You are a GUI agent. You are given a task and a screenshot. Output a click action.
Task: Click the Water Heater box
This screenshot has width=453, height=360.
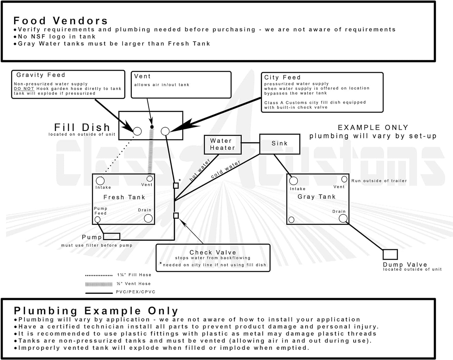click(x=223, y=144)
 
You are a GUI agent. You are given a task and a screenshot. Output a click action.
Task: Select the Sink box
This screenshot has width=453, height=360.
click(x=279, y=143)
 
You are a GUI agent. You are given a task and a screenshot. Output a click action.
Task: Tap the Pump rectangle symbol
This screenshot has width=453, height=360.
click(x=112, y=236)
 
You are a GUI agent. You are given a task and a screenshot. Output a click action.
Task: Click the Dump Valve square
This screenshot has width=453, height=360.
click(x=390, y=254)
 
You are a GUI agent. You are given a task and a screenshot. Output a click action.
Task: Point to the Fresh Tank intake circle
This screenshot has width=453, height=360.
click(x=100, y=181)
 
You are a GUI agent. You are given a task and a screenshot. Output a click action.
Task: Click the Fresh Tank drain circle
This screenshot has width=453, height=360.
click(x=148, y=218)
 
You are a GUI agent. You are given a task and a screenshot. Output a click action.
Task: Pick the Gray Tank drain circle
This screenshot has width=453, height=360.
click(x=343, y=218)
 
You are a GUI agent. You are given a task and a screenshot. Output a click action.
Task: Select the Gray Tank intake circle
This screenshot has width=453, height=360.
click(x=293, y=181)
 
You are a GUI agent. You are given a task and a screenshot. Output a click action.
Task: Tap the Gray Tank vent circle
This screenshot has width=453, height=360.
click(x=344, y=179)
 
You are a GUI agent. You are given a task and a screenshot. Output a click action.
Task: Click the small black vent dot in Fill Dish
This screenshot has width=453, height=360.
click(x=152, y=127)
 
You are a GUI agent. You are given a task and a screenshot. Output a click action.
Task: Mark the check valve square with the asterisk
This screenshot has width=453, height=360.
click(x=176, y=185)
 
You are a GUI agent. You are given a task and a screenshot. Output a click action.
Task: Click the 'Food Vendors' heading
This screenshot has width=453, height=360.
click(x=61, y=21)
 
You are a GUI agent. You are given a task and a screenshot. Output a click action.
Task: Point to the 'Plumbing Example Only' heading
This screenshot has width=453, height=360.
click(x=96, y=311)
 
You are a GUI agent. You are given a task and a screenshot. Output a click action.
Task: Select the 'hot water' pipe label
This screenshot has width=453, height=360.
click(x=200, y=170)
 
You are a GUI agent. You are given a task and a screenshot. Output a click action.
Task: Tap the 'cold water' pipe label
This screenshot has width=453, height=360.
click(x=225, y=169)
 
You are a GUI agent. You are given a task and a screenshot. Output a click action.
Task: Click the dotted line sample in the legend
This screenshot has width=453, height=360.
click(x=99, y=275)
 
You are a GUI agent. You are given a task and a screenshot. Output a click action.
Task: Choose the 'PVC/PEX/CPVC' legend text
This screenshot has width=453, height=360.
click(x=135, y=292)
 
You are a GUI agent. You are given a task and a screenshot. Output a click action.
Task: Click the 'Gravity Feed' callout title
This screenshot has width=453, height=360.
click(x=41, y=75)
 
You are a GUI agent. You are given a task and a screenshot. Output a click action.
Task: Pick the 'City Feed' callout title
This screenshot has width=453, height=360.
click(x=282, y=77)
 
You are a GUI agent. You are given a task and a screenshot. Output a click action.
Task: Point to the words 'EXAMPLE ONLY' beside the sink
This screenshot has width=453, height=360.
click(x=373, y=128)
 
